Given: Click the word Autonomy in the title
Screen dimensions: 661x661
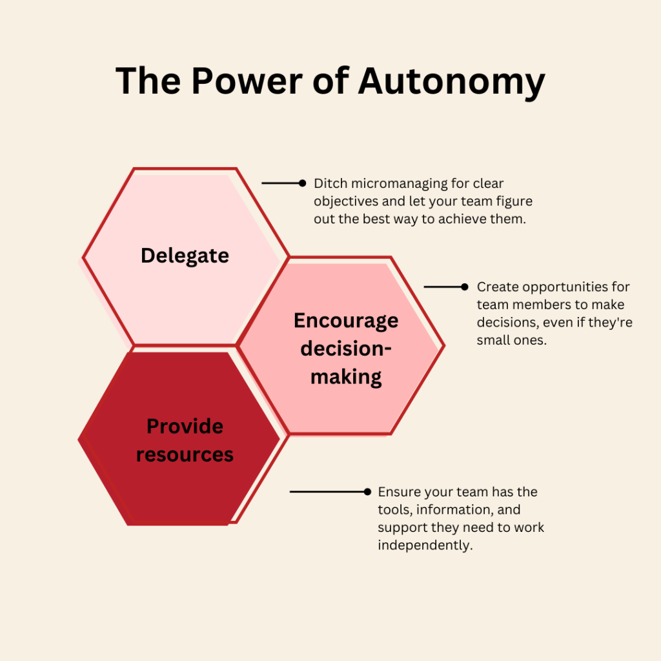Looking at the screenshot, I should (x=452, y=83).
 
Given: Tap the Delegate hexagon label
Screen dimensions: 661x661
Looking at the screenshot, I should (x=185, y=256).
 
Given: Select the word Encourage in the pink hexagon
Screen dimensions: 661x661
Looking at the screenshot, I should (x=346, y=321).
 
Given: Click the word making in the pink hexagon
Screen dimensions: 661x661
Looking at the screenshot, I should (x=346, y=377).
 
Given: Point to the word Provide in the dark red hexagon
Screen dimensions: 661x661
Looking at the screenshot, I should (x=185, y=426).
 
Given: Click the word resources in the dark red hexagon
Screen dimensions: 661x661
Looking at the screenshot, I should (x=185, y=454).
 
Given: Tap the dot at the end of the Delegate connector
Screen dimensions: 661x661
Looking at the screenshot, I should (x=302, y=183).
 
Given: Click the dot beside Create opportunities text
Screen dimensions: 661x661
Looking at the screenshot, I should (x=464, y=287).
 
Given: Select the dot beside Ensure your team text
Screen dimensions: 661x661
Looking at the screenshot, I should (x=367, y=492).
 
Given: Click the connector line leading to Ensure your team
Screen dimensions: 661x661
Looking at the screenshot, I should (x=326, y=492).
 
